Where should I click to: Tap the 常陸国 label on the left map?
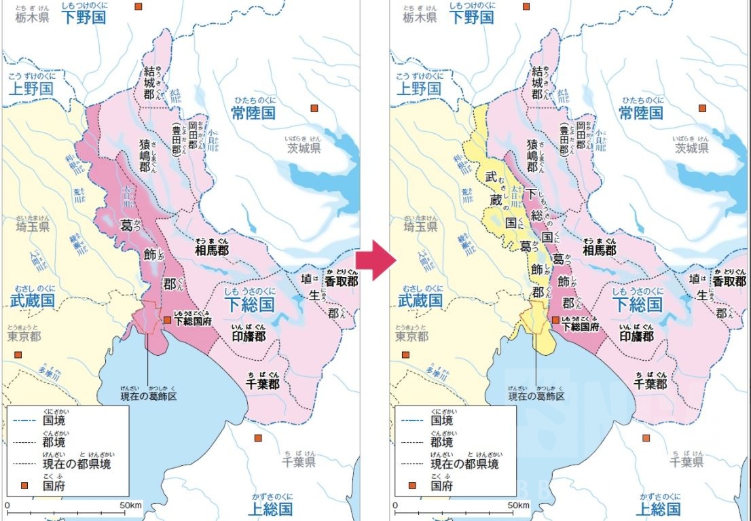tap(253, 113)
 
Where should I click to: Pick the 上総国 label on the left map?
tap(270, 508)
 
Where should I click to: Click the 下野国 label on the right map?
tap(471, 18)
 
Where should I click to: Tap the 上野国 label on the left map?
tap(30, 88)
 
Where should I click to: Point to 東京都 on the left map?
tap(24, 336)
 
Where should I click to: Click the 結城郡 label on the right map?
tap(536, 83)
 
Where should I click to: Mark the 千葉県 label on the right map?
tap(686, 462)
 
